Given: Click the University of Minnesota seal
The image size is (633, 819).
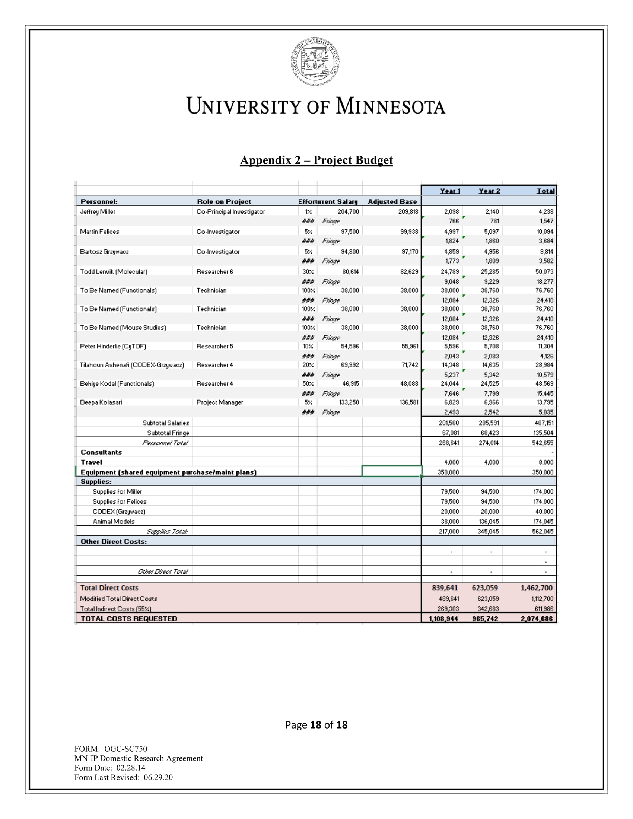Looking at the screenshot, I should pos(315,61).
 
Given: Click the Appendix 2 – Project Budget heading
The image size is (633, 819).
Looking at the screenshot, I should pos(316,160).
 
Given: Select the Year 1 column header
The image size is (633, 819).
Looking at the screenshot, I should pos(450,191).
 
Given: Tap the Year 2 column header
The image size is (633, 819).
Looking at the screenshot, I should pos(489,191).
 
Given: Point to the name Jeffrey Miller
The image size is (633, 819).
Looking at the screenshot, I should pos(98,211).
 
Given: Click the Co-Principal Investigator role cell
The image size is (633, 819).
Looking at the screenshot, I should pos(230,211).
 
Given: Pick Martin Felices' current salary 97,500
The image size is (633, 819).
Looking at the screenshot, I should pos(350,232).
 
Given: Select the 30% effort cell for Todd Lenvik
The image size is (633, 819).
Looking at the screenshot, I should pos(308,271).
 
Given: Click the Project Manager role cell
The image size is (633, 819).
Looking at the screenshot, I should pos(220,402).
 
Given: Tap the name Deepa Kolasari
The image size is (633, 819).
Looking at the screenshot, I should pos(101,402).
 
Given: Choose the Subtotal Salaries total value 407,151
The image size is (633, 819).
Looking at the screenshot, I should pos(544,423).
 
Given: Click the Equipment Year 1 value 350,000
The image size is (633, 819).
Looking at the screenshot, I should pos(448,472).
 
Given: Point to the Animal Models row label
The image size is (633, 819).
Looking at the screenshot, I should pos(113,522).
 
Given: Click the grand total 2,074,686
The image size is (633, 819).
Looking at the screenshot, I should pos(537,619).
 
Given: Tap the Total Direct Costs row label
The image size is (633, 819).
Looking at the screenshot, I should pos(109,588).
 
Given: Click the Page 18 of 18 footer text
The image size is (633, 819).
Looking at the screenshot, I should pos(316,725).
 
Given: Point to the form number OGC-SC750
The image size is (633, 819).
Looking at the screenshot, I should pos(125,749).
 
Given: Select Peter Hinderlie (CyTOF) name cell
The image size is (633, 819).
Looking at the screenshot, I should pos(113,347).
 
